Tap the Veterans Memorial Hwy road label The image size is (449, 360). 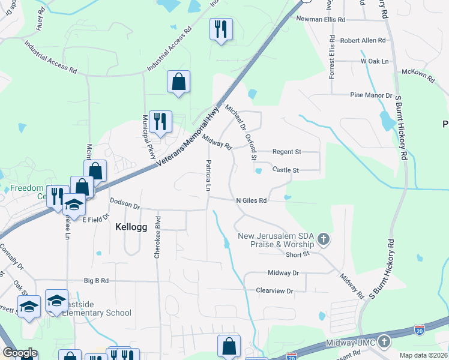coord(187,138)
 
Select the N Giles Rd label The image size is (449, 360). coord(251,200)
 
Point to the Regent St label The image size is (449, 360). coord(286,152)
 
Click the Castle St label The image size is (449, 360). coord(286,170)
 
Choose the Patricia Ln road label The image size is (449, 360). coord(208,175)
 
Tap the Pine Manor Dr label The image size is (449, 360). coord(371,95)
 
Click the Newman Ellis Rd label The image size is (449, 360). coord(321,19)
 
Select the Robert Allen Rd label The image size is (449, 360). coord(363,41)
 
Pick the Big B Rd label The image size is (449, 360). coord(96,280)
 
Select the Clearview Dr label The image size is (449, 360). coord(274,291)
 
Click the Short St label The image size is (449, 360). coord(297,254)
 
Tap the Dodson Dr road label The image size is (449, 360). coord(124,203)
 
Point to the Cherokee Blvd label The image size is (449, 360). coord(157,237)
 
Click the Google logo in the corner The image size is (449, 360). coord(20,353)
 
